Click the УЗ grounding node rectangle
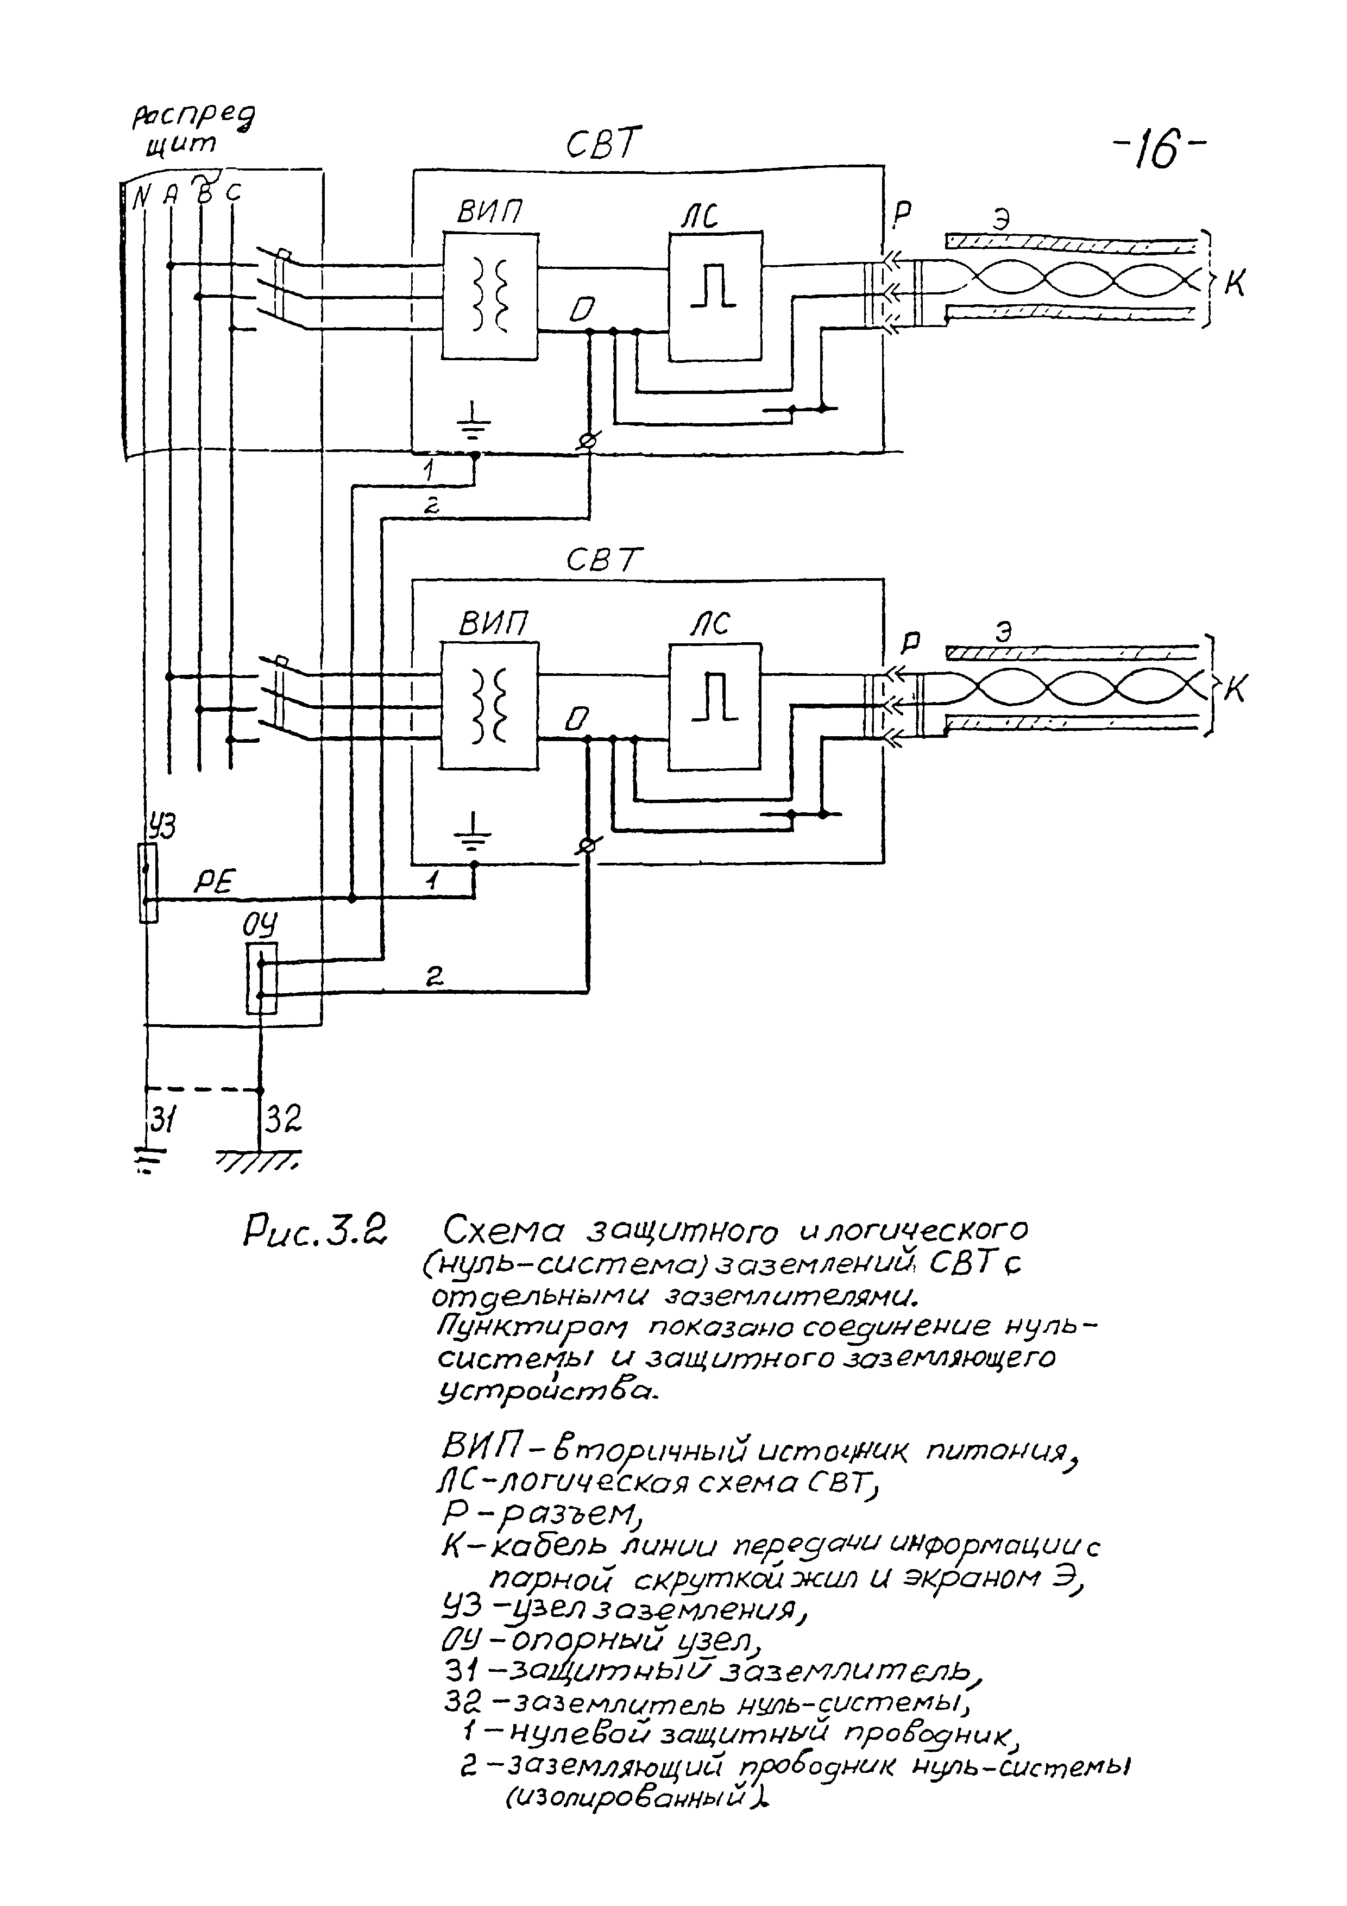[148, 882]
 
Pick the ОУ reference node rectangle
[261, 978]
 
